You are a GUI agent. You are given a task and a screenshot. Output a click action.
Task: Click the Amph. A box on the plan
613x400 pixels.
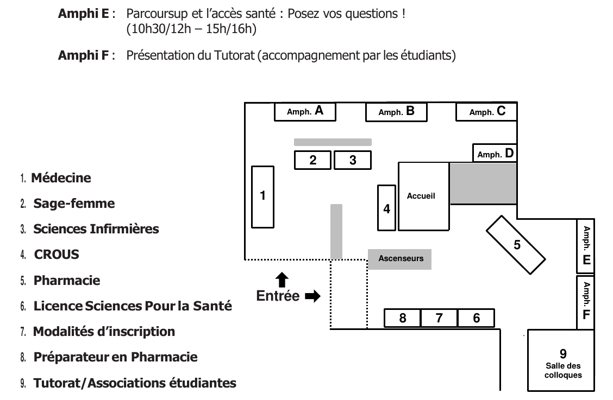pos(305,112)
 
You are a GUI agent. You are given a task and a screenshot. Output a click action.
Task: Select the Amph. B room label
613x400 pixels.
pos(396,112)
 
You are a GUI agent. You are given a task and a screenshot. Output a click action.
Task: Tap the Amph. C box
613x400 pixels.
pos(487,112)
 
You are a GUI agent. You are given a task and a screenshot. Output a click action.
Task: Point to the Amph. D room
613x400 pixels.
pos(495,153)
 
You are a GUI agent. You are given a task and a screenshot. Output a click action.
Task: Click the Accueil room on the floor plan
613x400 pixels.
pos(424,196)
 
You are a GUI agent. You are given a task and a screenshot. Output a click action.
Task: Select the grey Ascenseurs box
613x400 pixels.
pos(399,259)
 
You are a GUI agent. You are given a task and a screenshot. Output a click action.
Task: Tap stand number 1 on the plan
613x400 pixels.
pos(262,197)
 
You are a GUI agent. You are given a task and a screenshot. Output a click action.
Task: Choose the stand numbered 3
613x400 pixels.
pos(353,160)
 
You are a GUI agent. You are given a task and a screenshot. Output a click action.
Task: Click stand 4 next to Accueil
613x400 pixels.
pos(386,208)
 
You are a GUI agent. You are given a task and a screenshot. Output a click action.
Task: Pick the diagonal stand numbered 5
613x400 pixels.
pos(516,245)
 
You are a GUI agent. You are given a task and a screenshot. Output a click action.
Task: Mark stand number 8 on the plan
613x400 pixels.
pos(403,318)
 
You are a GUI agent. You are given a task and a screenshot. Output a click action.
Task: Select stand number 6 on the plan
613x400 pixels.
pos(476,318)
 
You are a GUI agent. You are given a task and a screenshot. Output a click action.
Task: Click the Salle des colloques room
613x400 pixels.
pos(561,360)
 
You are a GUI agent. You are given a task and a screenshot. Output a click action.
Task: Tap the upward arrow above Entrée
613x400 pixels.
pos(282,280)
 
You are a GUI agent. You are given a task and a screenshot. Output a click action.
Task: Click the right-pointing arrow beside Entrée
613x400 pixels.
pos(313,296)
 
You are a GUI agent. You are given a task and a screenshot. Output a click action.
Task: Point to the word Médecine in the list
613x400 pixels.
pos(61,178)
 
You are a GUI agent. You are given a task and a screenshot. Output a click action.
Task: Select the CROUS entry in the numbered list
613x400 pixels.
pos(57,255)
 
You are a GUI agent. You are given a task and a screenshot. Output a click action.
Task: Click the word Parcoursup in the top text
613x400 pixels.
pos(157,14)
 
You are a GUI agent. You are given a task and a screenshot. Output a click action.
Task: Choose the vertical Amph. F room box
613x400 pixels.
pos(586,302)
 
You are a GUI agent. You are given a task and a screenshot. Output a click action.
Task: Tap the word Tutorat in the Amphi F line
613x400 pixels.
pos(234,55)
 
